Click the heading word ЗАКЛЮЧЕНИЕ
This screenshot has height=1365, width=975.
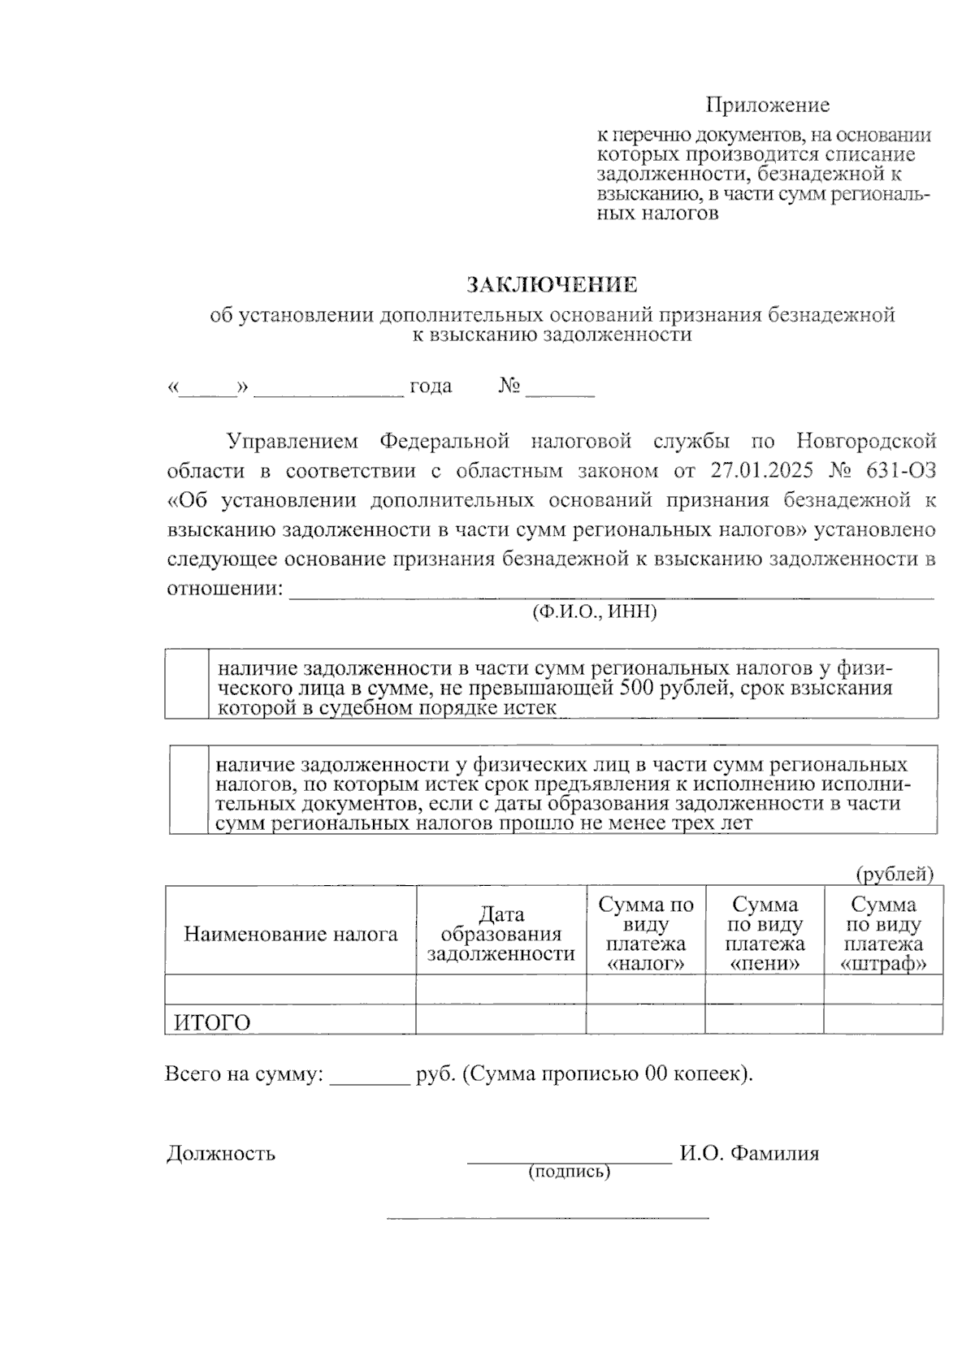point(552,285)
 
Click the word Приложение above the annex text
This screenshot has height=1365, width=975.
point(767,105)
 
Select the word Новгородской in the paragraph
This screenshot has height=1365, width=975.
point(866,441)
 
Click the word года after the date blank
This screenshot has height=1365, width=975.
point(431,386)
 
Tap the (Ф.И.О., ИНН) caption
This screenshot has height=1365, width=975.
point(594,611)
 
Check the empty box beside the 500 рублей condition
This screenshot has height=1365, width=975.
point(186,684)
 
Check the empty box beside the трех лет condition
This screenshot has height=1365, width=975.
point(189,789)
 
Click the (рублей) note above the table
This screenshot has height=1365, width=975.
point(895,874)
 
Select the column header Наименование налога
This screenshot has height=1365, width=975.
point(291,934)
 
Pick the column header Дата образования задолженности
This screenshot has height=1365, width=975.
point(500,934)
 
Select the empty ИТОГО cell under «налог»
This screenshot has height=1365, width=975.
point(645,1019)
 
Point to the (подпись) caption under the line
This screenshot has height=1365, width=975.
point(569,1172)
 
